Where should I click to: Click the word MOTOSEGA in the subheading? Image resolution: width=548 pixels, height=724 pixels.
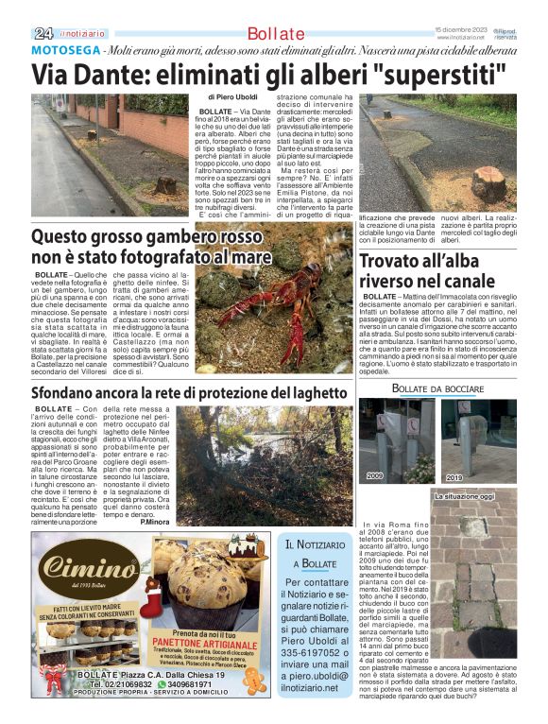tap(63, 49)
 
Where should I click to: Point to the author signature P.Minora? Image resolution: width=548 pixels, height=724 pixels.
tap(155, 521)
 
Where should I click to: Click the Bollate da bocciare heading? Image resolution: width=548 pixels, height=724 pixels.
tap(438, 388)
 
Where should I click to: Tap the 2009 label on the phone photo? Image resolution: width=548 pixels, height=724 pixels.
tap(375, 476)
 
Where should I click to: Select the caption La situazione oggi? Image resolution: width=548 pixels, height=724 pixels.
tap(464, 495)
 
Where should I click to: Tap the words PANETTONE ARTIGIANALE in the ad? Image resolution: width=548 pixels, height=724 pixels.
tap(202, 645)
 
